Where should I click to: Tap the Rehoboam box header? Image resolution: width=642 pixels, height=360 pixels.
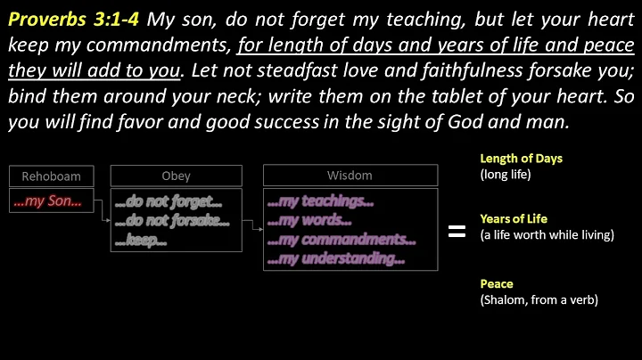coord(50,176)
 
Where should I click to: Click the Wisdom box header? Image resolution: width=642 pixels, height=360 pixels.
coord(350,176)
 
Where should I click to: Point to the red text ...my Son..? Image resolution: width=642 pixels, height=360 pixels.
coord(47,201)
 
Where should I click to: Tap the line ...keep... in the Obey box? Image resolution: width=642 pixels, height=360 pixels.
coord(143,240)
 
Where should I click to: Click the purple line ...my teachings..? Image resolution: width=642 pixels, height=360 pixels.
coord(320,202)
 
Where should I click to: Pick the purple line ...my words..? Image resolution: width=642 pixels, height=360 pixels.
coord(309,221)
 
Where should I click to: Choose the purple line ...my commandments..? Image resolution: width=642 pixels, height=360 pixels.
coord(342,240)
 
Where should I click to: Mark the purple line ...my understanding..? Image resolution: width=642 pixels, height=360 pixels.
coord(336,259)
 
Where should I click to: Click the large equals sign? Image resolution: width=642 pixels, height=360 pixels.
coord(457,232)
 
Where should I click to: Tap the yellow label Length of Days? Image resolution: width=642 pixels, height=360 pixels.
coord(522,159)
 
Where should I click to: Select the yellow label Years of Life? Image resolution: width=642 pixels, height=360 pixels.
coord(514,218)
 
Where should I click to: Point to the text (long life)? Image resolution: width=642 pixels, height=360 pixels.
coord(506,175)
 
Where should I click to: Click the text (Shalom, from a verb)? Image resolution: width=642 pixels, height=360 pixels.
coord(539,300)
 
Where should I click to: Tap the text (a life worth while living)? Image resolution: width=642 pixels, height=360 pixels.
coord(547,234)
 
